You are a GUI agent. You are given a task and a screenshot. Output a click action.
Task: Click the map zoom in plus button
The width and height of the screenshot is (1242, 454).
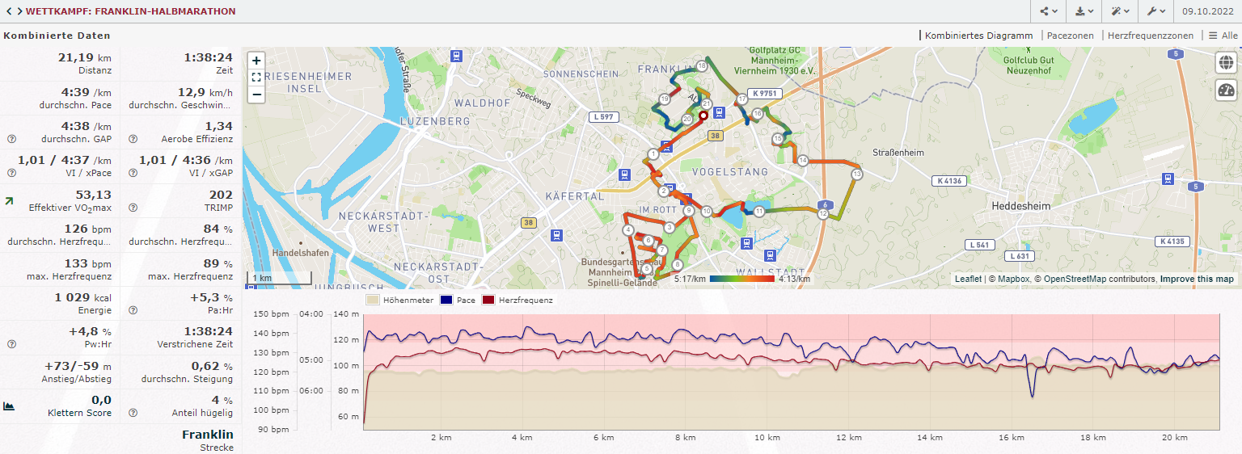[256, 61]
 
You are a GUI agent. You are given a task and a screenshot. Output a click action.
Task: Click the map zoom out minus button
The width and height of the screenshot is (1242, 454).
[256, 95]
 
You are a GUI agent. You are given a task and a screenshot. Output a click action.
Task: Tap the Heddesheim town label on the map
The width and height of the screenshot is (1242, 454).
[1020, 206]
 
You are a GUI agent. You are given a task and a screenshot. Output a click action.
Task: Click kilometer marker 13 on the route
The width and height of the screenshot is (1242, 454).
[857, 174]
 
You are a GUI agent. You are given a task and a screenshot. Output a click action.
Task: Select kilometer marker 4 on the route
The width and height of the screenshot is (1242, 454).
[628, 230]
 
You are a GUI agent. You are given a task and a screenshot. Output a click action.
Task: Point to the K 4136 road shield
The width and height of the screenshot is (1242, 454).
[947, 181]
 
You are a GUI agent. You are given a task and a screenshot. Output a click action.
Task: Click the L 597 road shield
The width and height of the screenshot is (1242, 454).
[603, 117]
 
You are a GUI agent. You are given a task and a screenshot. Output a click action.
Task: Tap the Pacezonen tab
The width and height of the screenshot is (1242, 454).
[1070, 36]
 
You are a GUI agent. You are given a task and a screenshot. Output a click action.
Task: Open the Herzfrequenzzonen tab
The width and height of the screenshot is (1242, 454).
[1150, 36]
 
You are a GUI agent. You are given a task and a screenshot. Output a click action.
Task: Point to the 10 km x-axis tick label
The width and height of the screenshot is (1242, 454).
[767, 438]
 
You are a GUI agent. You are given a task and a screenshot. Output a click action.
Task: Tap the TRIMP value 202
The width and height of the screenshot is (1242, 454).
[220, 195]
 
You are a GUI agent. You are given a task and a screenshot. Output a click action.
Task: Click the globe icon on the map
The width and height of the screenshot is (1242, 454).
[1226, 62]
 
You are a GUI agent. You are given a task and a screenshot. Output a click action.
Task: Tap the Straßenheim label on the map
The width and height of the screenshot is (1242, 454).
[898, 153]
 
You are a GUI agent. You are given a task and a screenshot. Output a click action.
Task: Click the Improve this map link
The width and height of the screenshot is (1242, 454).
[1197, 279]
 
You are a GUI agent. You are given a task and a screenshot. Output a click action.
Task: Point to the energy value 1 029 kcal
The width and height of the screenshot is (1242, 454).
[83, 297]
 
